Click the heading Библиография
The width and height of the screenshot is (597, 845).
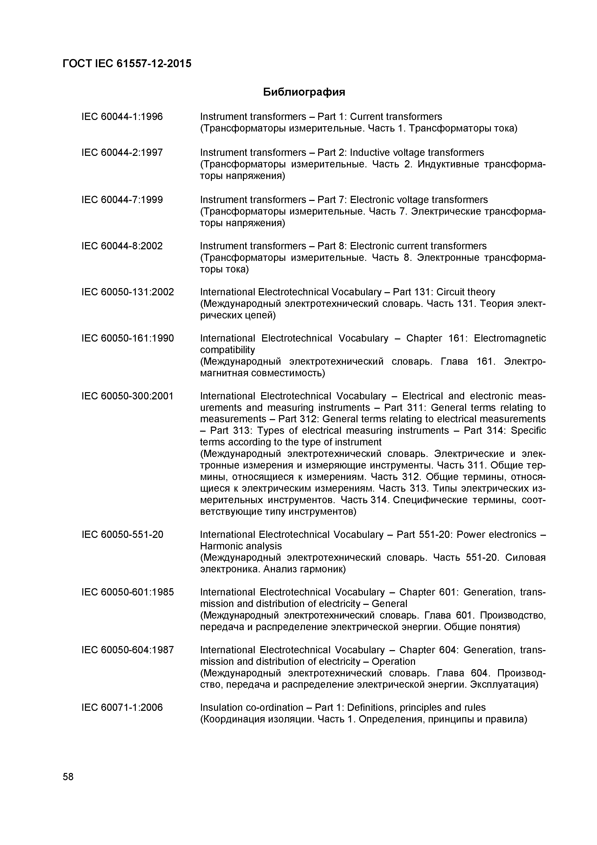point(304,92)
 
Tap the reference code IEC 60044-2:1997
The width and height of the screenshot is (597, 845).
point(122,152)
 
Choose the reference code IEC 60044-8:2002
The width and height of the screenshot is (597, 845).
point(122,246)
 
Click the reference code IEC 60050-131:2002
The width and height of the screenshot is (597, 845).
point(127,292)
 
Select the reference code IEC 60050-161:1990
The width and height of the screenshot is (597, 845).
point(127,338)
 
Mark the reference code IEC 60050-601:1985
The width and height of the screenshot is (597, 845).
point(127,592)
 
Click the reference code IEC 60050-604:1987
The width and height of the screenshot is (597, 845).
point(127,650)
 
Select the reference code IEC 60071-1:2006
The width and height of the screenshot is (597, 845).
point(122,707)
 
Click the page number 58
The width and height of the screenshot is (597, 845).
point(68,777)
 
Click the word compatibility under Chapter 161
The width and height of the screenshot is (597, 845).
point(227,350)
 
